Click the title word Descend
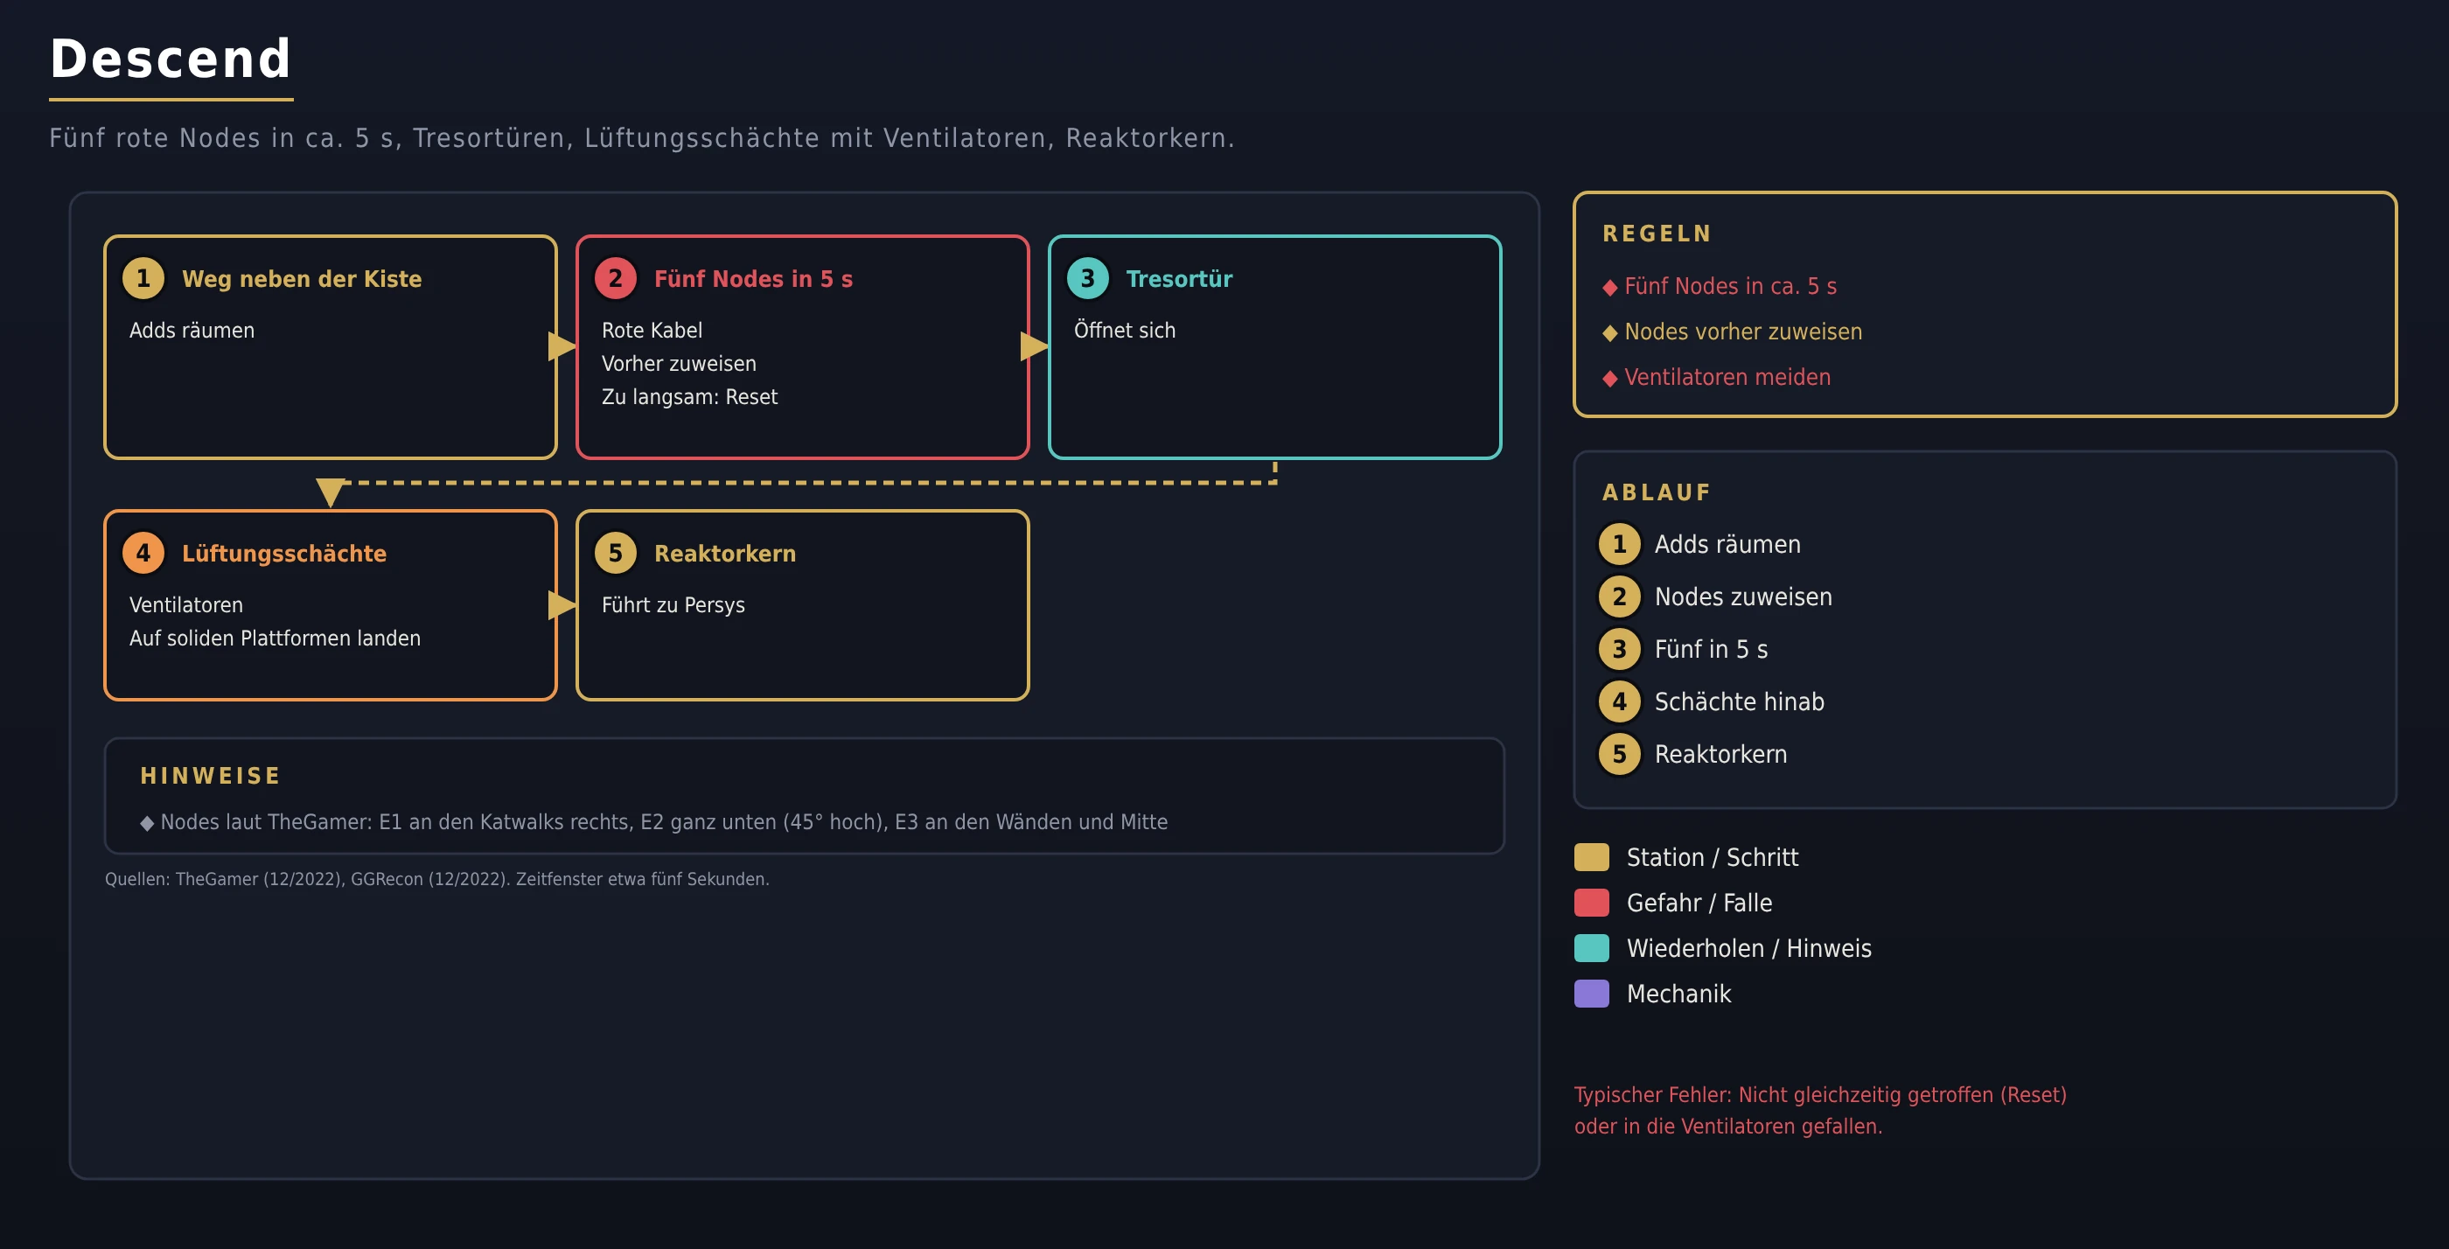pos(171,59)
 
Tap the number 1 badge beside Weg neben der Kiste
pos(143,278)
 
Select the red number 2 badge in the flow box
pos(615,278)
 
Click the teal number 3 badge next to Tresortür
pos(1087,278)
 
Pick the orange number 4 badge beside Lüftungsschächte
pos(143,553)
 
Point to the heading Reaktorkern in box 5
pos(724,553)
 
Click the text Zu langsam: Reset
pos(689,397)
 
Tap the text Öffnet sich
pos(1125,330)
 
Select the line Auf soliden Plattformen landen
pos(275,638)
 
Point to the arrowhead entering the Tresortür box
pos(1035,347)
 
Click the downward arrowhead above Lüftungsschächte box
pos(330,492)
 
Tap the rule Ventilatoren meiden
pos(1727,377)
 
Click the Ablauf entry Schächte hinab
pos(1739,701)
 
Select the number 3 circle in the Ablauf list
pos(1619,649)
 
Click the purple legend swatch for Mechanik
pos(1592,994)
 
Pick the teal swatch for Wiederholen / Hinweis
pos(1592,947)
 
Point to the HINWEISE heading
pos(210,777)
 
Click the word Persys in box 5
pos(714,605)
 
